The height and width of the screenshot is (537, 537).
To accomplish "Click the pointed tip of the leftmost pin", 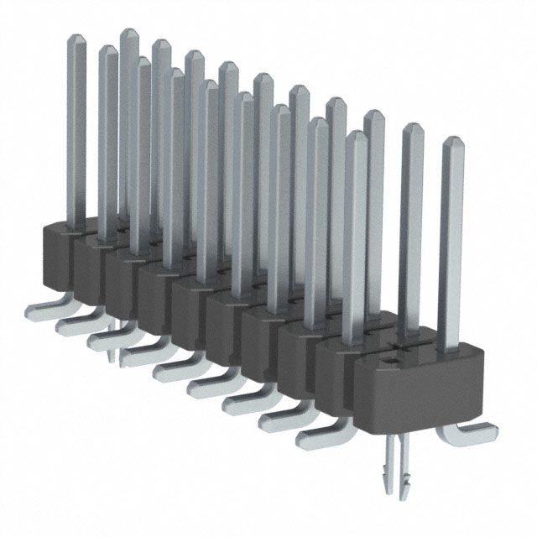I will pos(76,39).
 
